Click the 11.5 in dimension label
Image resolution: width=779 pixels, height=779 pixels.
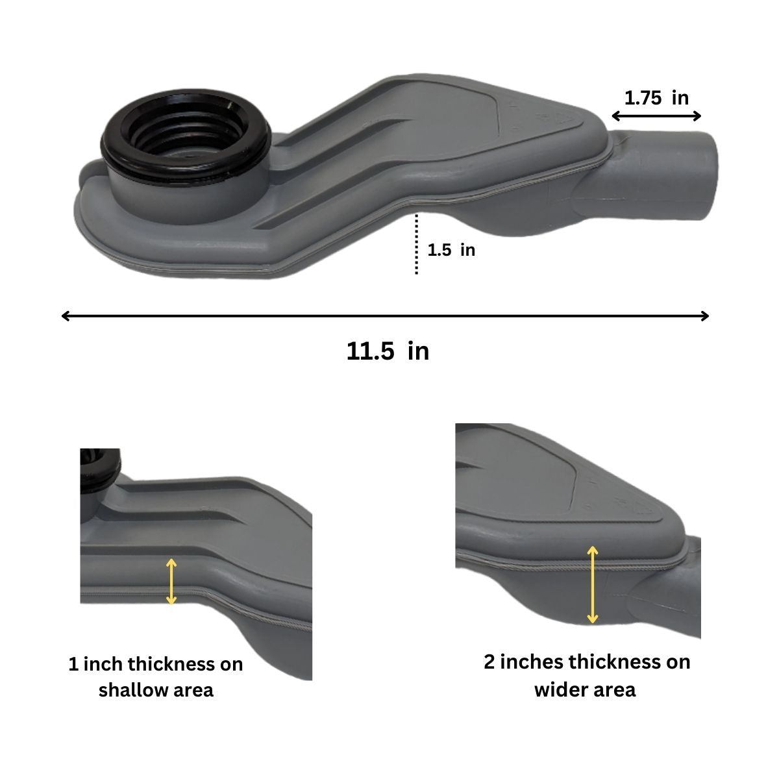coord(388,351)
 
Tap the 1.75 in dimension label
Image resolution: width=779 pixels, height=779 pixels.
coord(656,98)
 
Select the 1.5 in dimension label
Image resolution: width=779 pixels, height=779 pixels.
coord(451,250)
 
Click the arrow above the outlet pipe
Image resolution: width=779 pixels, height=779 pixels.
coord(656,116)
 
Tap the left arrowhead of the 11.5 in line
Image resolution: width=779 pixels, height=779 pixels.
coord(66,316)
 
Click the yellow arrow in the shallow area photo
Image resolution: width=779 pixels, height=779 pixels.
coord(171,581)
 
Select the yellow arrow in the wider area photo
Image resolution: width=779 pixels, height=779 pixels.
coord(593,584)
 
